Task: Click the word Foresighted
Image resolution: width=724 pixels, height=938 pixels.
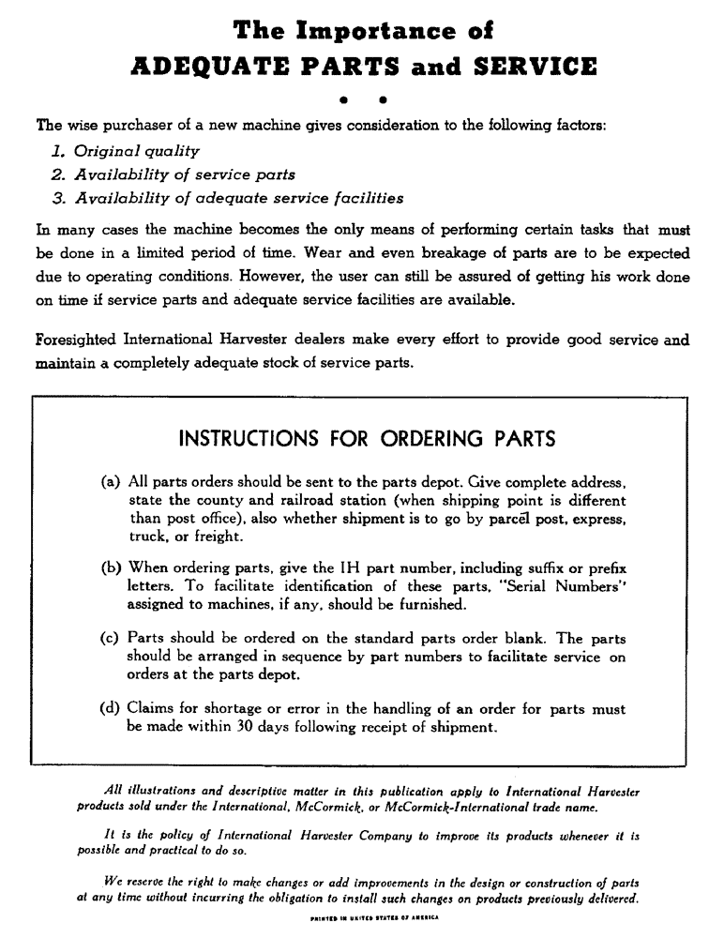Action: [75, 340]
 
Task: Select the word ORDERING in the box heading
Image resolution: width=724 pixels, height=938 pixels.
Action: [415, 439]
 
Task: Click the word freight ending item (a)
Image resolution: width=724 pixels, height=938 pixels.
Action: [193, 537]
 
